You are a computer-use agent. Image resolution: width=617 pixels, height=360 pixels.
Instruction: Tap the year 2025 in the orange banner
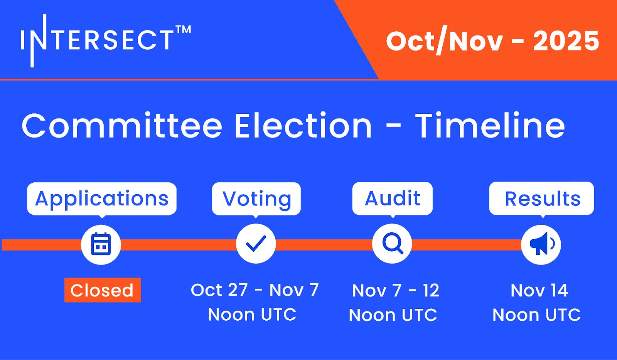pos(566,41)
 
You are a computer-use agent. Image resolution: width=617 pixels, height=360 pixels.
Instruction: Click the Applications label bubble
pos(102,199)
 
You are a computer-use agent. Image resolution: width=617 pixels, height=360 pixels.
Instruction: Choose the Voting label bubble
pos(256,199)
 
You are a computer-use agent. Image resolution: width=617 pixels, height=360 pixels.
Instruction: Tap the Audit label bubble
pos(393,199)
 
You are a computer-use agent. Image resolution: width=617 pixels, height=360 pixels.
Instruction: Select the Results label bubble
pos(541,199)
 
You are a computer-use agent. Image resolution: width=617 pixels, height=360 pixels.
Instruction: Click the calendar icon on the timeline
pos(101,244)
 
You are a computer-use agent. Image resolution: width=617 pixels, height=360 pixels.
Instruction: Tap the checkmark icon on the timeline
pos(256,244)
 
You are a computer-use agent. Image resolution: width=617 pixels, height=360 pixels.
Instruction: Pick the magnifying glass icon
pos(393,243)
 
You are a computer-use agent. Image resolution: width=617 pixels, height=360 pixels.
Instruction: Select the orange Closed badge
pos(103,290)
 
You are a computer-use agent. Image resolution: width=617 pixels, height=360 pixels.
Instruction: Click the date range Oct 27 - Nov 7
pos(255,290)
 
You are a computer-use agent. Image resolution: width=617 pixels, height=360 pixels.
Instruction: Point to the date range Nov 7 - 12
pos(396,290)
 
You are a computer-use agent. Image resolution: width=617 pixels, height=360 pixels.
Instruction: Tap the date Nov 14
pos(539,290)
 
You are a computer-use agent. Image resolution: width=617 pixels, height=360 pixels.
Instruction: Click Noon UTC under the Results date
pos(536,315)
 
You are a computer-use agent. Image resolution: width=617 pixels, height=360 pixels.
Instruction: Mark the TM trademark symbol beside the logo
pos(183,29)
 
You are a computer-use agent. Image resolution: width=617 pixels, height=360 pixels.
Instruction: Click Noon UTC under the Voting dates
pos(252,314)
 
